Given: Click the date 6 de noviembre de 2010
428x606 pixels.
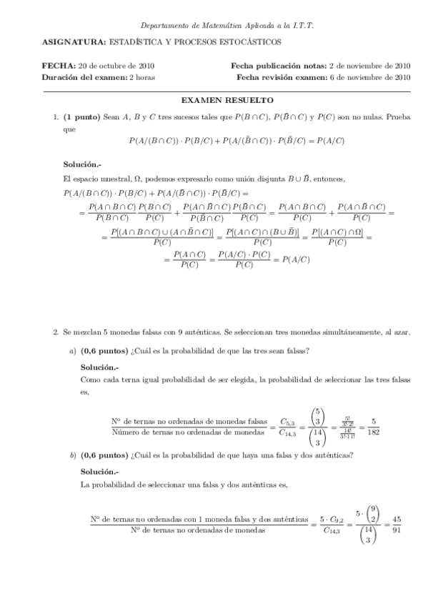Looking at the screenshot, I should click(372, 76).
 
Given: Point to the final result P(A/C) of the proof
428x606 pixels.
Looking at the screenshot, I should click(296, 259).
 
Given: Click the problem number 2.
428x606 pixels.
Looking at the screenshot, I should click(56, 332).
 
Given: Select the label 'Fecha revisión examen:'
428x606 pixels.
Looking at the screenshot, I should click(282, 76).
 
